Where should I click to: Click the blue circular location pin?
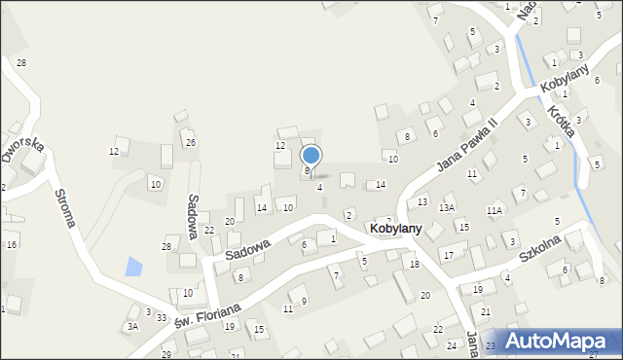(x=311, y=155)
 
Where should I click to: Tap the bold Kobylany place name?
(x=395, y=228)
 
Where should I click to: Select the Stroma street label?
(x=65, y=207)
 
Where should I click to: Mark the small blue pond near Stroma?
(x=133, y=265)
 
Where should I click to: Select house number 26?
(x=191, y=143)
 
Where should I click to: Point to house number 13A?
(x=447, y=207)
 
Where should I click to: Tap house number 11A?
(x=495, y=210)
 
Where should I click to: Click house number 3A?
(x=132, y=327)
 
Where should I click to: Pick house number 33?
(x=162, y=318)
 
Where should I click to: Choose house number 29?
(x=166, y=354)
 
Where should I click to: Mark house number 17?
(x=449, y=255)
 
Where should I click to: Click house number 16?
(x=12, y=244)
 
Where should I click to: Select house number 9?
(x=304, y=301)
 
